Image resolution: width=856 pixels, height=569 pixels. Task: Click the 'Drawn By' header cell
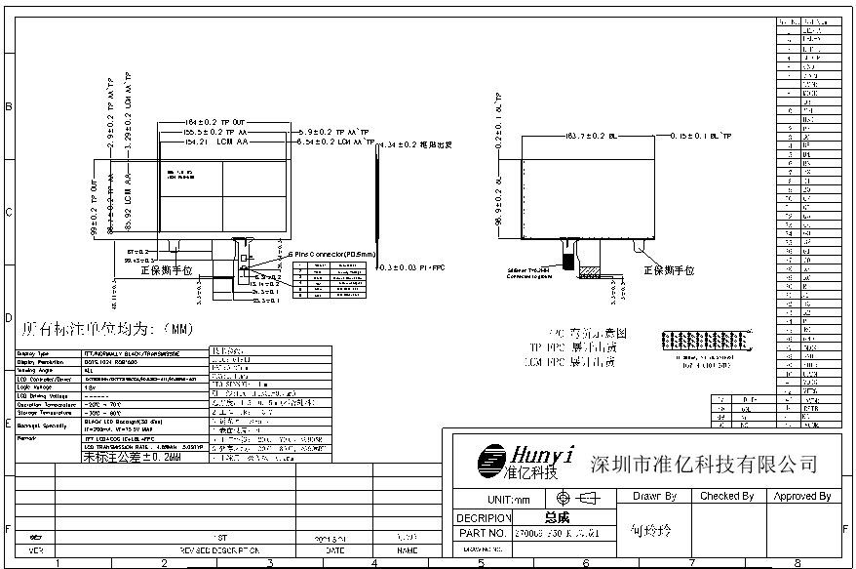654,497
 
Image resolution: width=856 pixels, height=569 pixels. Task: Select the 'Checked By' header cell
727,497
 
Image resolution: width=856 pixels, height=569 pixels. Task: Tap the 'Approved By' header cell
801,497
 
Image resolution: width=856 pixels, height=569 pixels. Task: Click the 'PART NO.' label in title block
482,534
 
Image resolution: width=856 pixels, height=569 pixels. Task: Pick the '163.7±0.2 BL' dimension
585,136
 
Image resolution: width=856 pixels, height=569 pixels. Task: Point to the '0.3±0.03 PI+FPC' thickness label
415,266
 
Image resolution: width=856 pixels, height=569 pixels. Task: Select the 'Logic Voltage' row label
34,386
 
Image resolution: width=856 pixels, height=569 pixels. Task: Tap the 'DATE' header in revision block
334,550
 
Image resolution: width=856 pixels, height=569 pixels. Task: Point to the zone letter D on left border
9,318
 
